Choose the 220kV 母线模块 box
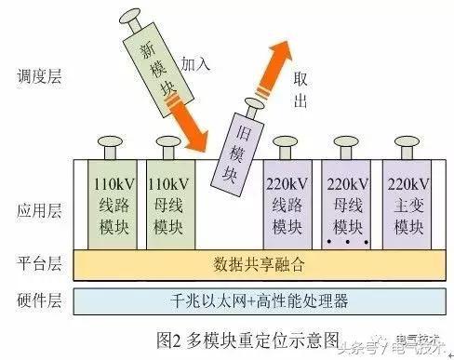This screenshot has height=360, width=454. (352, 203)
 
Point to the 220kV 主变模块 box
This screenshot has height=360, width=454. (409, 203)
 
